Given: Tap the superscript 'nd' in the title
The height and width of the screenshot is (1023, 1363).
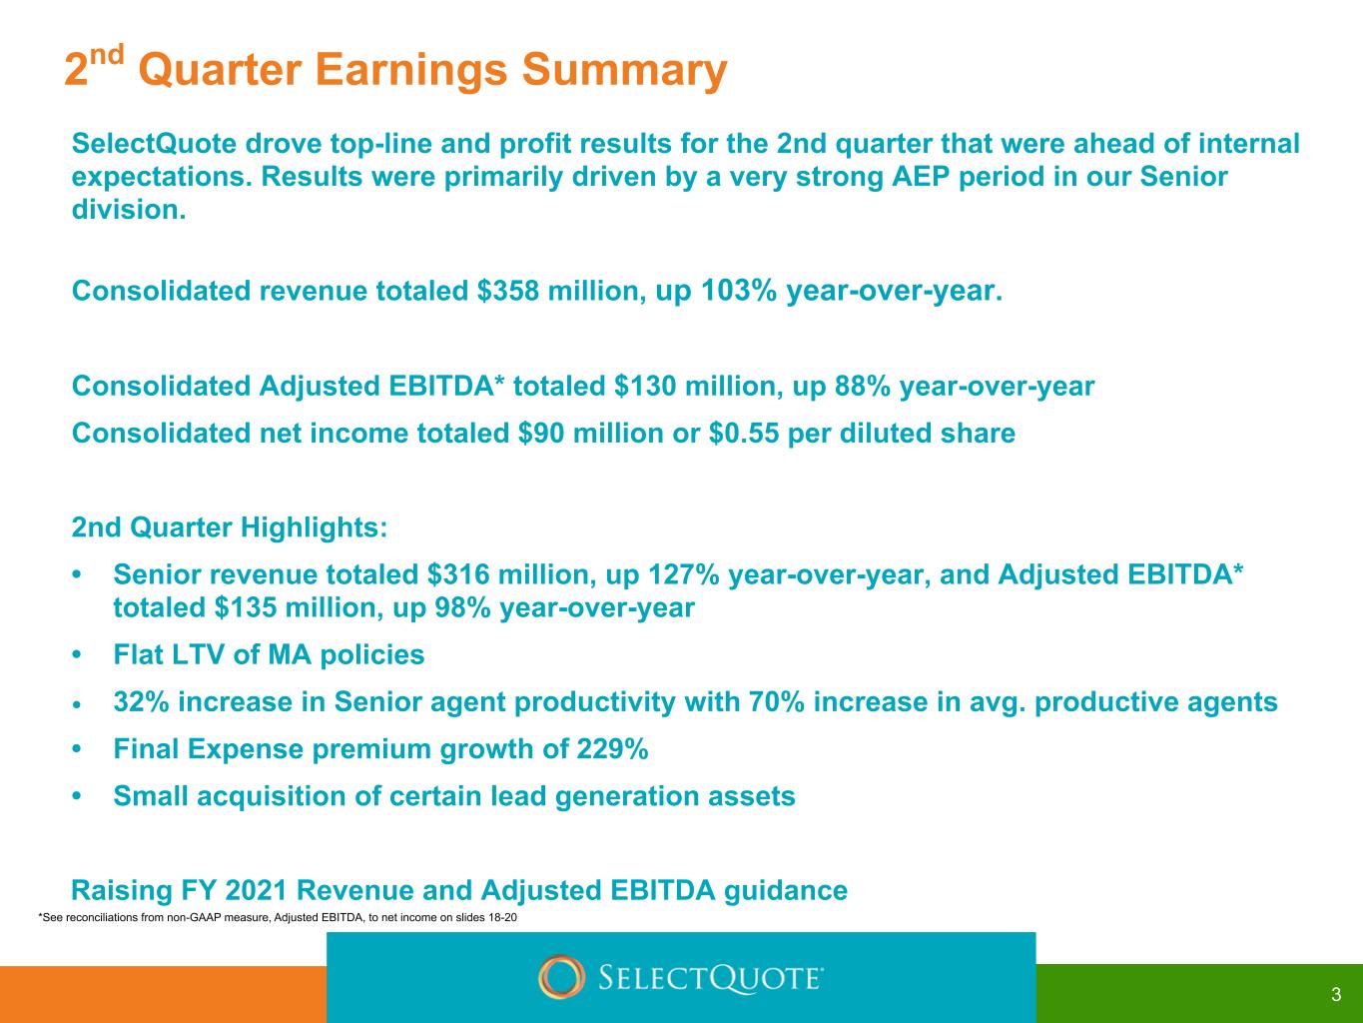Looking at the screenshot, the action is click(107, 54).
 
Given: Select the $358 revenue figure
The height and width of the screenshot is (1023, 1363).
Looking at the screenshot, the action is click(508, 291).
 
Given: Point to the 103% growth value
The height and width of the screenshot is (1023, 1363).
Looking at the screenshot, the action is click(739, 291).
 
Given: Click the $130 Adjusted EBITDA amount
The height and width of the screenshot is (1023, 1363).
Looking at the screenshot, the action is click(644, 386).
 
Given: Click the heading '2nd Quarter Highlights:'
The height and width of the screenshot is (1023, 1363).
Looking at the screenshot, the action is click(230, 527).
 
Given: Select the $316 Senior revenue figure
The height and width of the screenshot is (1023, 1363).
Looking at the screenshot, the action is click(458, 574).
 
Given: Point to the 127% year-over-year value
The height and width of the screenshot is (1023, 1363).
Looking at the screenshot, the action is click(684, 574).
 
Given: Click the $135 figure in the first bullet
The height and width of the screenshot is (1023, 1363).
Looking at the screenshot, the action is click(246, 607).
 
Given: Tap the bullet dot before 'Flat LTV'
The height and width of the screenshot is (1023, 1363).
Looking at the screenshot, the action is click(77, 654).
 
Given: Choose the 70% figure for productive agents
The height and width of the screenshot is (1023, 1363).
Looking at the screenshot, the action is click(777, 702).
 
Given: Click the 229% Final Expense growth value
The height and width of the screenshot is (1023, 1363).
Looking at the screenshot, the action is click(612, 749).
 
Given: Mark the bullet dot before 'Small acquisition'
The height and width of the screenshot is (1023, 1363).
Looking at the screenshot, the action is click(77, 795).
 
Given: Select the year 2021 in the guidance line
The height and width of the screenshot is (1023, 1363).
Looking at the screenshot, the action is click(256, 890).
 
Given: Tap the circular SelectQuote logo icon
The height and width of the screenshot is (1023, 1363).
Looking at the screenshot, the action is click(561, 977).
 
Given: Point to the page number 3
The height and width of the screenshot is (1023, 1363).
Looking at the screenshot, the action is click(1336, 994).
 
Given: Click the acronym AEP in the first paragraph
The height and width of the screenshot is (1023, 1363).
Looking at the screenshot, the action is click(921, 177).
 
